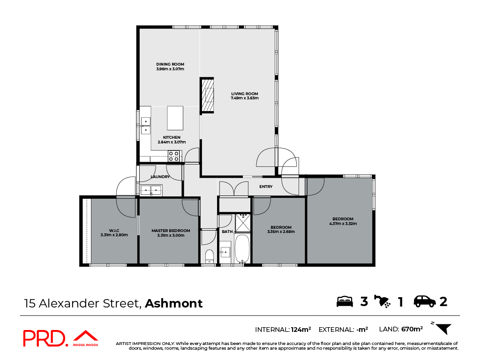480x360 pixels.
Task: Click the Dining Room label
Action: coord(170,64)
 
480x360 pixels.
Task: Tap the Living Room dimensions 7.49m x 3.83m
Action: coord(245,98)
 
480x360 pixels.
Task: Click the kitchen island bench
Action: coord(175,118)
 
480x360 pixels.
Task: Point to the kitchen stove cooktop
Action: coord(174,156)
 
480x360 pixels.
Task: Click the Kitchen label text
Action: coord(172,137)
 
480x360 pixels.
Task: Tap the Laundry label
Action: coord(160,177)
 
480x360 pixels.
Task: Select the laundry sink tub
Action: coord(151,190)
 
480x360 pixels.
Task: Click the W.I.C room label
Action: coord(114,230)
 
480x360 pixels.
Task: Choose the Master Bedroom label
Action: coord(171,230)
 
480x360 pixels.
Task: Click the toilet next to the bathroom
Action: coord(209,256)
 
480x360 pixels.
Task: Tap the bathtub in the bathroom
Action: coord(242,249)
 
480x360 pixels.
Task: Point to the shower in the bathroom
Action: coord(243,223)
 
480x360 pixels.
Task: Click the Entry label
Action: coord(266,187)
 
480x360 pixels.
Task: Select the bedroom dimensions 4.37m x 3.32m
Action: coord(343,224)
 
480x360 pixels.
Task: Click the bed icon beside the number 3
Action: coord(345,301)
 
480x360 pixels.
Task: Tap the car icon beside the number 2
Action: coord(424,301)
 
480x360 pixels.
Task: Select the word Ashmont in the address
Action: coord(174,303)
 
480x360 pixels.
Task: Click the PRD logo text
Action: coord(45,338)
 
